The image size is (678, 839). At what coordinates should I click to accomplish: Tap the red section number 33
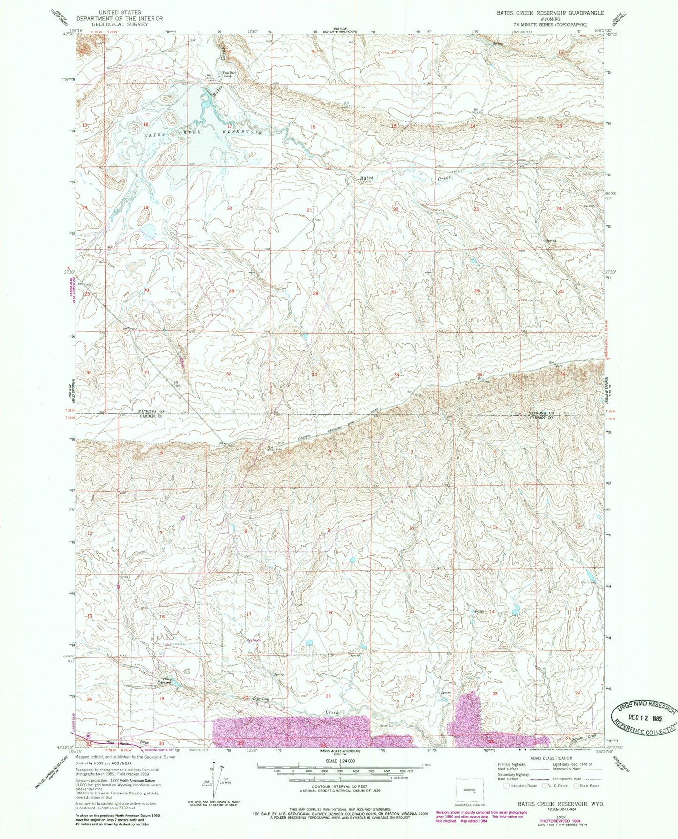[x=315, y=374]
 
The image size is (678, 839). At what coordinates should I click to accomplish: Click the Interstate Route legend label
[x=524, y=786]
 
